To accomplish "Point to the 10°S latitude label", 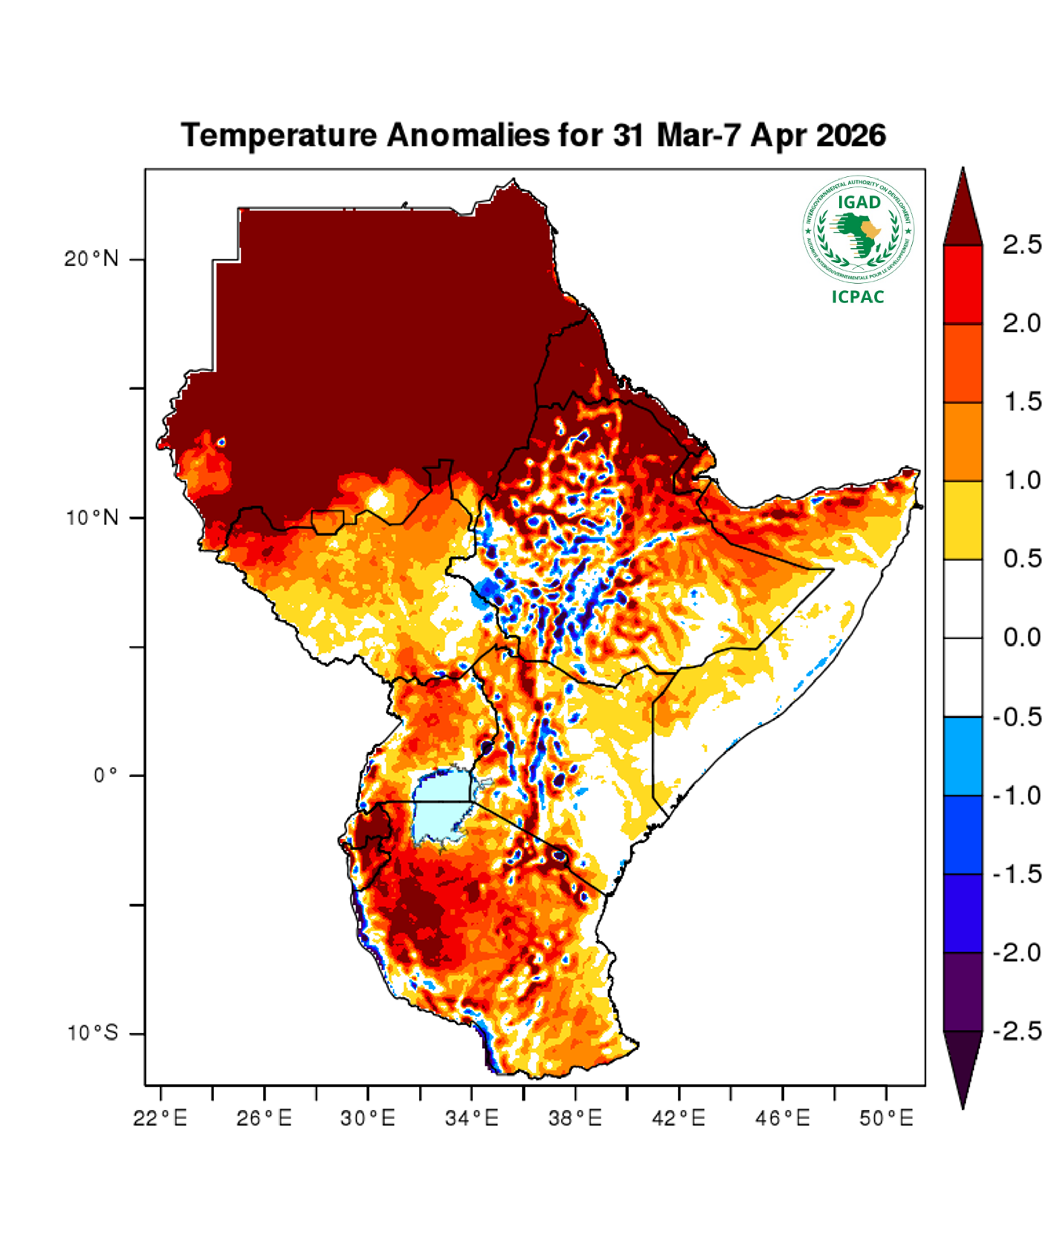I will [93, 1033].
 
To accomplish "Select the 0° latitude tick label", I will [107, 776].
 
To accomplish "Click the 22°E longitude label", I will [160, 1118].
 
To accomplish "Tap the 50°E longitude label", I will [886, 1118].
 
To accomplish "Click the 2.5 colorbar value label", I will [1022, 244].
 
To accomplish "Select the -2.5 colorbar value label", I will [1017, 1031].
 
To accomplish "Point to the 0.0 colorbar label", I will [1022, 638].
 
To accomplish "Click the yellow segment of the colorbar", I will [962, 520].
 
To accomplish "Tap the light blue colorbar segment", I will [962, 756].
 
